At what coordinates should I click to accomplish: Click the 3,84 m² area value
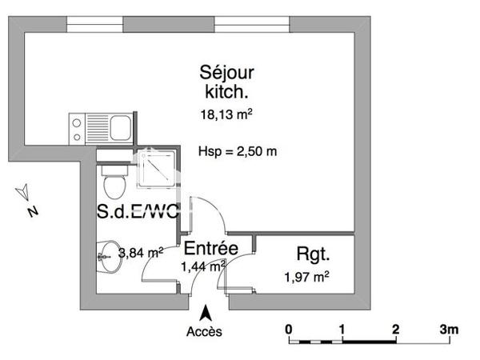pos(141,252)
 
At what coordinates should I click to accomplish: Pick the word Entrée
pos(210,249)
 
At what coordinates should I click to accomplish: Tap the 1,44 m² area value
pos(202,266)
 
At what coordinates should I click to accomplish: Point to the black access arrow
pos(206,313)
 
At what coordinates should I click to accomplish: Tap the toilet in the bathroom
pos(114,182)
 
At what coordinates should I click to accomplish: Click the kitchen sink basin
pos(120,126)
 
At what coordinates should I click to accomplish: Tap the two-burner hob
pos(81,126)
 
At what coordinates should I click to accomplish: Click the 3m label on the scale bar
pos(449,329)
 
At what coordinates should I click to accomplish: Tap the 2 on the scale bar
pos(395,329)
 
